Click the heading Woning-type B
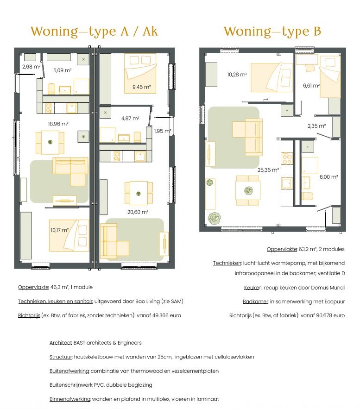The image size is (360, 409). pos(272,31)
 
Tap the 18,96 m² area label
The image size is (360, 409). pos(58,124)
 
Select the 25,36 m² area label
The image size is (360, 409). pos(268,170)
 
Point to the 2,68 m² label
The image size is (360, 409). pos(32,67)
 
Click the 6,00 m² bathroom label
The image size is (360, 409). pos(328,177)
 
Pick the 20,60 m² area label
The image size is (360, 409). pos(138,212)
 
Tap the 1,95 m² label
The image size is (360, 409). pos(163,131)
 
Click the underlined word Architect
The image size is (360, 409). pos(61,343)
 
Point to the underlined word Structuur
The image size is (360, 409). pos(61,357)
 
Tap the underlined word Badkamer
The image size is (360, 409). pos(255,302)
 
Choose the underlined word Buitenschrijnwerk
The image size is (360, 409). pos(71,385)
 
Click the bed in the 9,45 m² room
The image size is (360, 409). pos(140,73)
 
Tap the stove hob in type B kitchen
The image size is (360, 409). pos(287,158)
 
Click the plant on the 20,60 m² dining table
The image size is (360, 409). pos(139,194)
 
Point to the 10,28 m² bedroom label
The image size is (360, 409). pos(237,75)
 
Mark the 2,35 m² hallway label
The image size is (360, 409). pos(317,126)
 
